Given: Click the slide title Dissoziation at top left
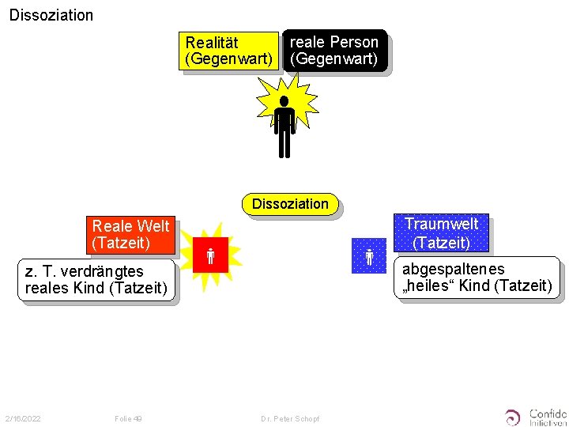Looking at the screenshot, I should (51, 15).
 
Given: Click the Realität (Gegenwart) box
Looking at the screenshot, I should (228, 51).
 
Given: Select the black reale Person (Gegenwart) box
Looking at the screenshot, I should (334, 51).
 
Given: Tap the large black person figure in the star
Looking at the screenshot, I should (284, 125).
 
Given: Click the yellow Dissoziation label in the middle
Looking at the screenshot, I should (290, 204).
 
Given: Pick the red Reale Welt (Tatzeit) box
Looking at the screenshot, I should (130, 235).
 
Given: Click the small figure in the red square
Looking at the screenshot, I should (211, 255).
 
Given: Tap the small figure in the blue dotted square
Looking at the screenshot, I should (369, 256).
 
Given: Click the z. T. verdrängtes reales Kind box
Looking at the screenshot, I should (96, 280).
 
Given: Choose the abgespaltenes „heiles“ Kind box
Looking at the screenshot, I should (477, 278).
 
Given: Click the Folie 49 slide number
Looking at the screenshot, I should (128, 418).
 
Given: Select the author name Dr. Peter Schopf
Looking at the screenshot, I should (290, 418).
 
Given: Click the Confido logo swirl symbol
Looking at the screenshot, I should (514, 417).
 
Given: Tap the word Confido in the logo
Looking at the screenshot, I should (548, 413).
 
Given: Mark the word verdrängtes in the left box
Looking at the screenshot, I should (105, 272).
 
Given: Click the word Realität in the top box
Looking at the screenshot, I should (212, 43).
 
